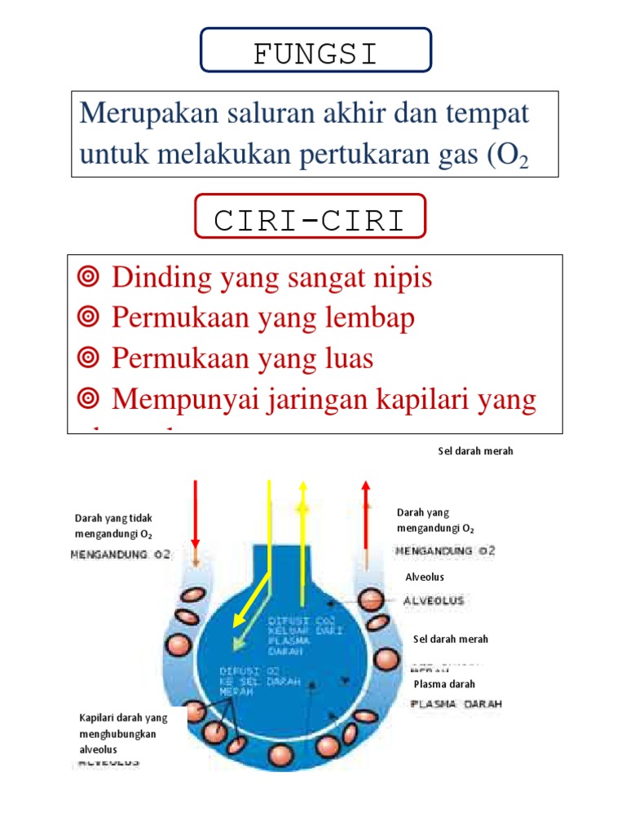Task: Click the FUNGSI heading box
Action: [x=315, y=54]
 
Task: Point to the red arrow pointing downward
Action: [x=196, y=513]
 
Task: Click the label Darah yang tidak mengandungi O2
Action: [x=113, y=526]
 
